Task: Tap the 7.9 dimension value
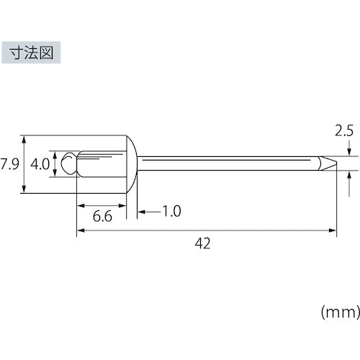point(9,163)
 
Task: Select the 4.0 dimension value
point(40,163)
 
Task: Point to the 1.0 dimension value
point(171,212)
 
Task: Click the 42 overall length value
point(203,243)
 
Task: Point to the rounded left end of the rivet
point(68,163)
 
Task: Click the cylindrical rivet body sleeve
point(101,163)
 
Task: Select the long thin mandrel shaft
point(230,163)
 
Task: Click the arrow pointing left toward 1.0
point(140,212)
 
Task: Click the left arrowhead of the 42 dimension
point(80,230)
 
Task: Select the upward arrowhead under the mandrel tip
point(349,173)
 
